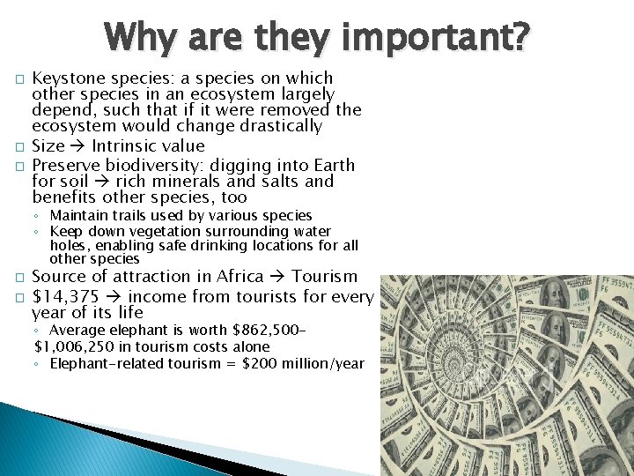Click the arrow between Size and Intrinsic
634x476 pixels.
(77, 146)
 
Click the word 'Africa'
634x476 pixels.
(240, 277)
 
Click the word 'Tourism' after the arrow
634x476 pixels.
(324, 277)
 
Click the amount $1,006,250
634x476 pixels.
(73, 346)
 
